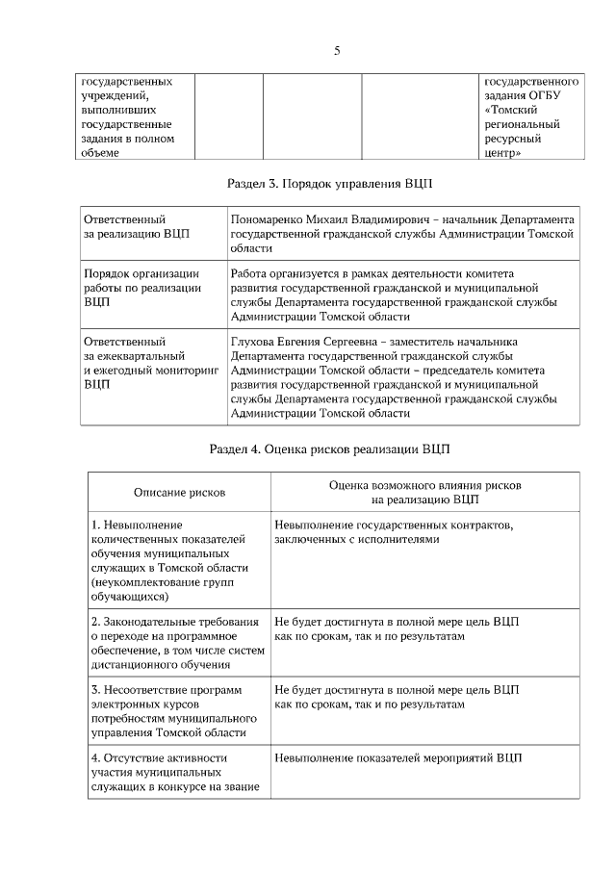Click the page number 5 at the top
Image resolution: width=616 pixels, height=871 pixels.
[337, 51]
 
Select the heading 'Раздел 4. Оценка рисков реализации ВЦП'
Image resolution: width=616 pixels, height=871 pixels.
[330, 448]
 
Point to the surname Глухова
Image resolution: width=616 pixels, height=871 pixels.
[254, 342]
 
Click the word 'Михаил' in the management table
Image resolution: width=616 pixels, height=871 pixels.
[333, 219]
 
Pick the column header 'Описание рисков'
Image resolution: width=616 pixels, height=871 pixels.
[179, 492]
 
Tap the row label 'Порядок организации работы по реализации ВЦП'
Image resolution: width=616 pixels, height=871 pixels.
[142, 287]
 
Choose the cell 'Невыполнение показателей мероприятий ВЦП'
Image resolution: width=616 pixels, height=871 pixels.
[398, 758]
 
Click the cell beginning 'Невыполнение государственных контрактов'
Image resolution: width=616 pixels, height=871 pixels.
[394, 533]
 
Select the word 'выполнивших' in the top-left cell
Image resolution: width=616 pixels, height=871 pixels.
[116, 111]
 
